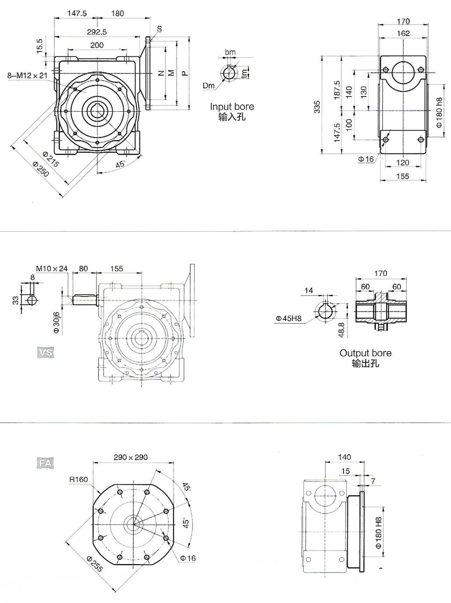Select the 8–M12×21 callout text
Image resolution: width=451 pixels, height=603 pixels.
[x=27, y=76]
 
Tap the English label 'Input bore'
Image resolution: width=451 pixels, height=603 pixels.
[x=232, y=107]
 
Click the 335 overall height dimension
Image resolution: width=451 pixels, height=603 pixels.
[x=318, y=106]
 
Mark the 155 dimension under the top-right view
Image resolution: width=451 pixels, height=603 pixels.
[x=402, y=176]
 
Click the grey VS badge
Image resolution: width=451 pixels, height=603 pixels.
[x=45, y=352]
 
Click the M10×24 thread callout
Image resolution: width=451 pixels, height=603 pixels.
[x=52, y=269]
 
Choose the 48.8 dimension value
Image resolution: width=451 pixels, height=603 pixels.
[x=342, y=329]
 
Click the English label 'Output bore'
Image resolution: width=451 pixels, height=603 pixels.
[x=365, y=353]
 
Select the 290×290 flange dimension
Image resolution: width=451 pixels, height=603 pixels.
[x=131, y=457]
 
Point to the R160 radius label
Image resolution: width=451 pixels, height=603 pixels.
[x=78, y=480]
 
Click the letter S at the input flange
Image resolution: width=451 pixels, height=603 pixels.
[x=159, y=29]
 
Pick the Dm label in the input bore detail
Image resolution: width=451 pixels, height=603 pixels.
[x=209, y=86]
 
